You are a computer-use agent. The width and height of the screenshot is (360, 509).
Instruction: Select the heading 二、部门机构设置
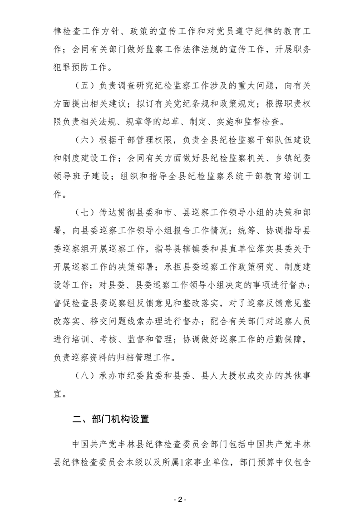pyautogui.click(x=111, y=419)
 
